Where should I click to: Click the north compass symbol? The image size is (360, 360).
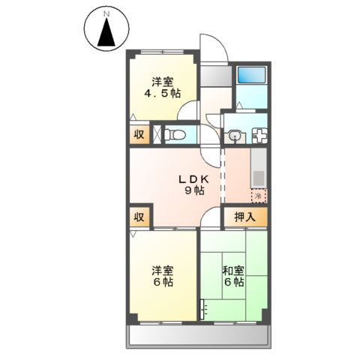(x=106, y=34)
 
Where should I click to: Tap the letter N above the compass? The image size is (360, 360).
(x=106, y=13)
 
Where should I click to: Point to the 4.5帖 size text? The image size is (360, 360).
(x=162, y=94)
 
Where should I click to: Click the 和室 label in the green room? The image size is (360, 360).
(x=232, y=270)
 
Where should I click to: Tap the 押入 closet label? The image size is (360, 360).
(x=245, y=217)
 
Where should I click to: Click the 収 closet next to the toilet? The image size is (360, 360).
(x=139, y=135)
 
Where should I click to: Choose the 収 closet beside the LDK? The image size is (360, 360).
(x=139, y=217)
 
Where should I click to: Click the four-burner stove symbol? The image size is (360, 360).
(x=261, y=136)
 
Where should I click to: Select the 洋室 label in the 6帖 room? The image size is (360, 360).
(x=163, y=270)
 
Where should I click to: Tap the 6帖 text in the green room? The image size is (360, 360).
(x=232, y=283)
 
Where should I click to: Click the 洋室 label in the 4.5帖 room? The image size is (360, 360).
(x=162, y=81)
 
